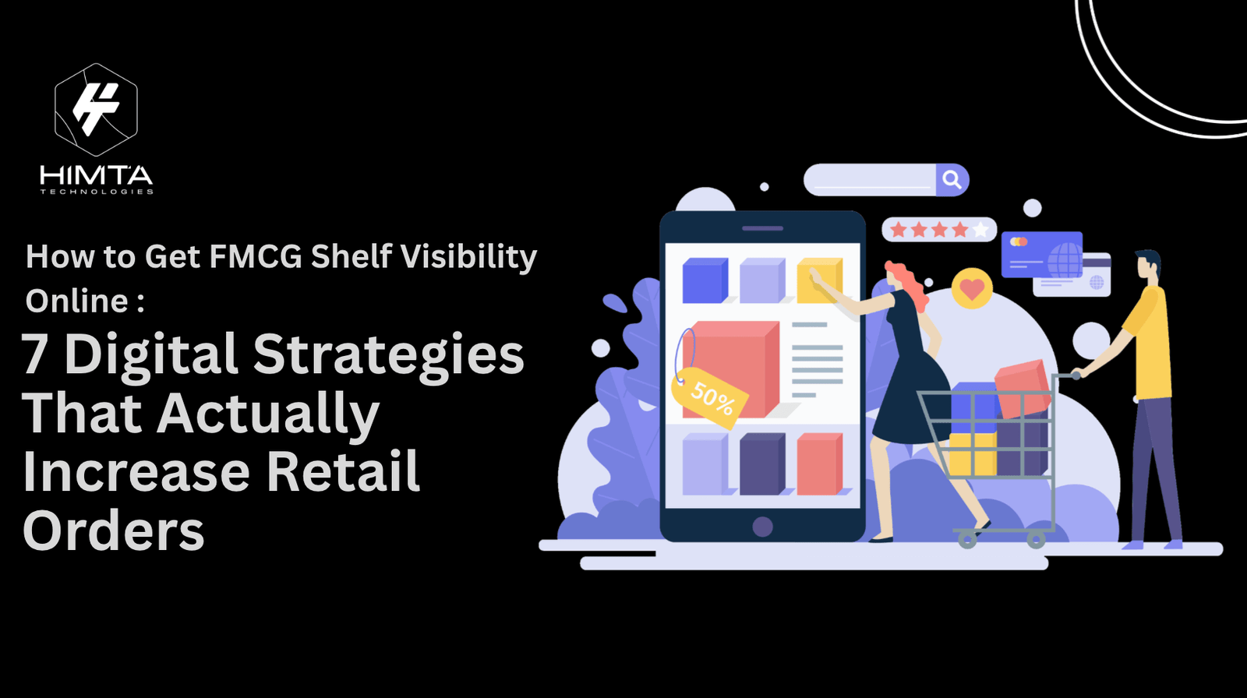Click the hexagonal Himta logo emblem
pos(97,110)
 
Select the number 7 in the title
pos(35,354)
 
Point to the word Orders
pos(114,531)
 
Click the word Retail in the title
pos(343,471)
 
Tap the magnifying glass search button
pos(952,180)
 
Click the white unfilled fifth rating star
pos(980,229)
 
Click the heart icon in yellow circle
pos(972,289)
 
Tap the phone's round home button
pos(762,527)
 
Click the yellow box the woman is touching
pos(819,280)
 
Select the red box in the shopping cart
pos(1023,389)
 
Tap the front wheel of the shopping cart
pos(967,539)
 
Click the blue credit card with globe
pos(1041,255)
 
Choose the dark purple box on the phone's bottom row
pos(762,464)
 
